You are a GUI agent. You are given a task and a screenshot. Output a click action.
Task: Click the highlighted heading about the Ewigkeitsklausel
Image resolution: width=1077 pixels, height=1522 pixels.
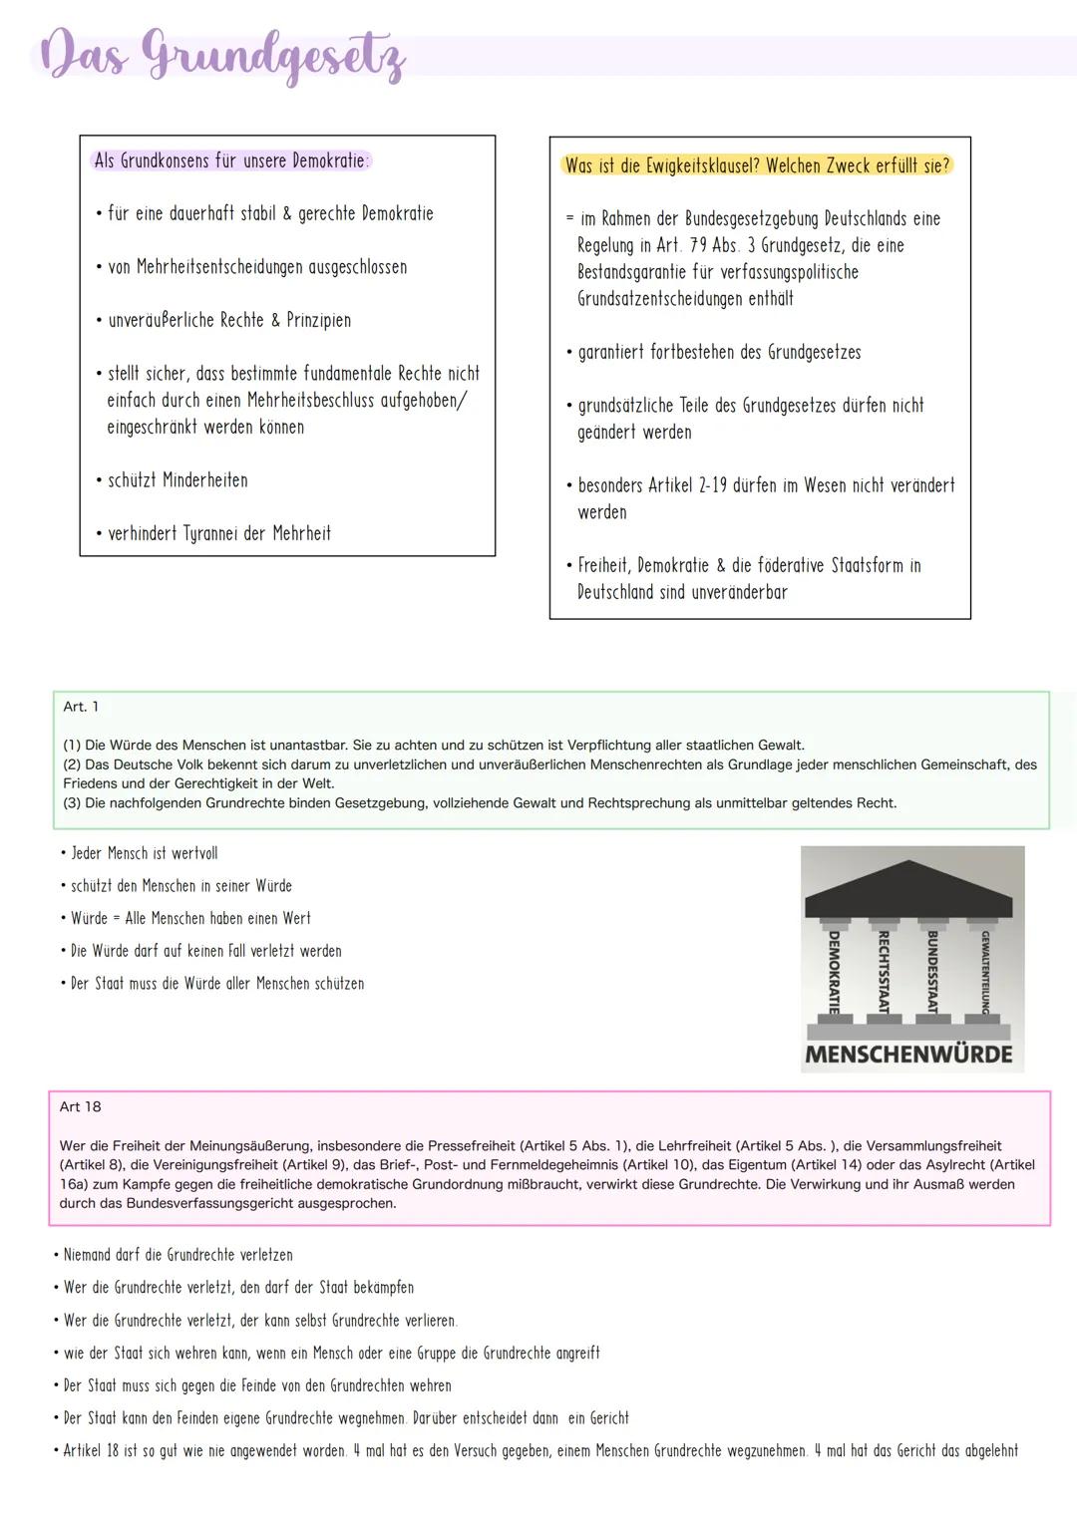pyautogui.click(x=758, y=165)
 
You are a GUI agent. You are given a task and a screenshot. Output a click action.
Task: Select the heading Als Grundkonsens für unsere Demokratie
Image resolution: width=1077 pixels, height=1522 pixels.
pyautogui.click(x=231, y=160)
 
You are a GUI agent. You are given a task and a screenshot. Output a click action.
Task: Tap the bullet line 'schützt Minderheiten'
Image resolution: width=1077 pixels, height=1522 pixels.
pyautogui.click(x=177, y=480)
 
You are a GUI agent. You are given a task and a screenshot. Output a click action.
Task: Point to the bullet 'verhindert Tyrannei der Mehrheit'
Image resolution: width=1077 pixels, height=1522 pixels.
pyautogui.click(x=218, y=534)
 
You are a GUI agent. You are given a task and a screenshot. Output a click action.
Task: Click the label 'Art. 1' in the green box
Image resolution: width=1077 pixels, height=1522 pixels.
pyautogui.click(x=81, y=707)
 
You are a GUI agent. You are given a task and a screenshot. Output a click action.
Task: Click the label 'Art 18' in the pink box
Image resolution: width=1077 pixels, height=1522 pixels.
pyautogui.click(x=80, y=1107)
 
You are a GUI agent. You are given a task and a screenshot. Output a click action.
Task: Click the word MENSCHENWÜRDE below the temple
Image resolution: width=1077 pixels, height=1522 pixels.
pyautogui.click(x=908, y=1055)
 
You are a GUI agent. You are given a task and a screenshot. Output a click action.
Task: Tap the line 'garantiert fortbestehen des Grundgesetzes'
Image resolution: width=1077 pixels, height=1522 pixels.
pyautogui.click(x=718, y=353)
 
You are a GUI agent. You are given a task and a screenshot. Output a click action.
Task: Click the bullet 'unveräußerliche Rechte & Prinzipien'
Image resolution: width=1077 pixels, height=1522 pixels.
pyautogui.click(x=228, y=321)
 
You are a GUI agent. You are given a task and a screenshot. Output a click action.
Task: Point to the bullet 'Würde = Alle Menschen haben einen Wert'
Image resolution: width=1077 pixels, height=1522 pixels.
pyautogui.click(x=189, y=919)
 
